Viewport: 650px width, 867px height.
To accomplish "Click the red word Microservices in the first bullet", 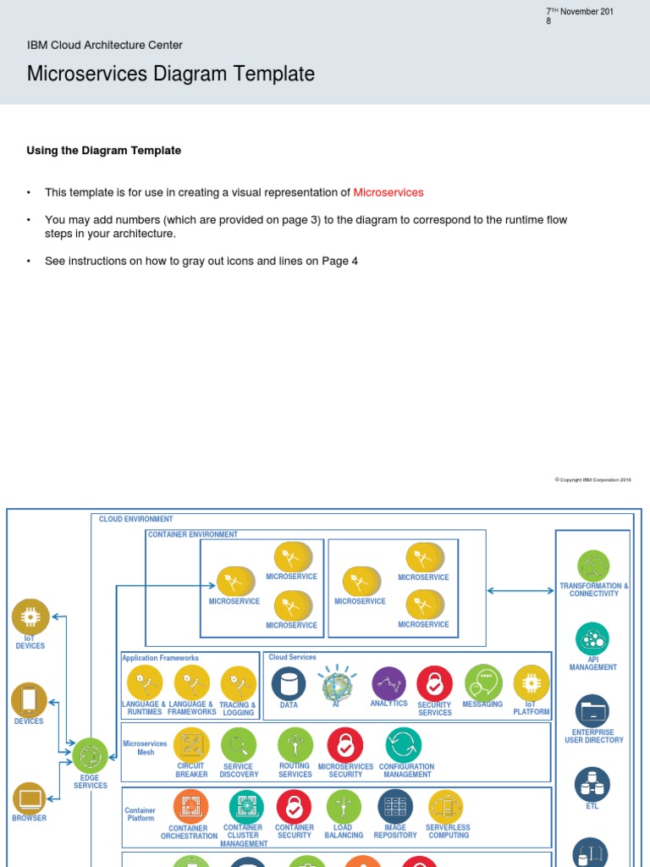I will pos(388,192).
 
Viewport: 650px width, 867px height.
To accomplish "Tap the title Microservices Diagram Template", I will pos(171,74).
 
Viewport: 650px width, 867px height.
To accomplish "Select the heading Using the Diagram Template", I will pos(104,151).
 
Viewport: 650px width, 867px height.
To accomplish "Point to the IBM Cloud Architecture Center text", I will pos(105,45).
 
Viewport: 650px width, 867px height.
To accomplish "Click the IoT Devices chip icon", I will pos(30,617).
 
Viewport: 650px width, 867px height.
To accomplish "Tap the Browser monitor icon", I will pos(30,798).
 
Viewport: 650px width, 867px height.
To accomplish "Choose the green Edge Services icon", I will pos(90,755).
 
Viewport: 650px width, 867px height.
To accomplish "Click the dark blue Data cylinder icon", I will pos(289,683).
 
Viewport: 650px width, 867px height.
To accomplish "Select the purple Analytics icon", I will pos(388,683).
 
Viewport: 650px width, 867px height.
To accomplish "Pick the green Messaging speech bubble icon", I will pos(483,682).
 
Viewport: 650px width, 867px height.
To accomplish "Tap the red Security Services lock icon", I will pos(434,683).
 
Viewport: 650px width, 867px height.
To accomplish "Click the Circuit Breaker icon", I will pos(191,745).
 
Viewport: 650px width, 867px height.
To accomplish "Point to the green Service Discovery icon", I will pos(239,745).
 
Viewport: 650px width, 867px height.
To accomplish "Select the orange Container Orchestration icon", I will pos(190,806).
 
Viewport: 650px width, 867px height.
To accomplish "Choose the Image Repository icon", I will pos(395,806).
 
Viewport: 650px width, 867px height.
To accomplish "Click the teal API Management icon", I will pos(592,639).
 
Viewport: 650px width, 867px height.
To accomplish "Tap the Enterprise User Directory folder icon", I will pos(592,711).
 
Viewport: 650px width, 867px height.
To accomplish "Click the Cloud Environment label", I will pos(135,519).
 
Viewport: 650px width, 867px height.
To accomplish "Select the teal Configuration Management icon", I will pos(404,745).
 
